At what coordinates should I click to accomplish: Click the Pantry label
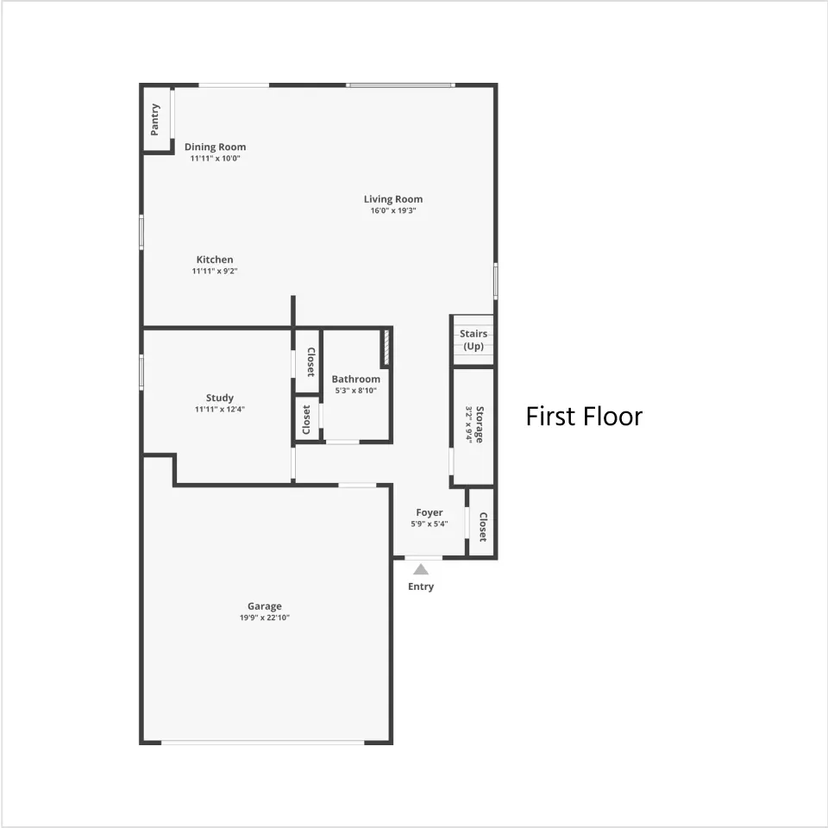click(154, 119)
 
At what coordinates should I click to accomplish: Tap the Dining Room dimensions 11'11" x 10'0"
click(216, 159)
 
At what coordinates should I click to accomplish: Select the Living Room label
click(393, 199)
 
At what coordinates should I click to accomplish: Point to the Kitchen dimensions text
click(215, 271)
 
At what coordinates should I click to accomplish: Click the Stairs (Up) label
click(474, 340)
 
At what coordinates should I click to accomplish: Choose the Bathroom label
click(356, 379)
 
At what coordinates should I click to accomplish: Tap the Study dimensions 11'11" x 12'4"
click(220, 409)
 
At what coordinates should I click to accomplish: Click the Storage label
click(480, 424)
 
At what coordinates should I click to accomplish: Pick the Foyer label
click(430, 512)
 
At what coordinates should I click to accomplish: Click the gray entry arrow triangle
click(421, 569)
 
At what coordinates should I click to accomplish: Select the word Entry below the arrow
click(421, 586)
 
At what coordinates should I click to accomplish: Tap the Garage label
click(265, 606)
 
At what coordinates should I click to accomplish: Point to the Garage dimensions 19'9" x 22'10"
click(265, 618)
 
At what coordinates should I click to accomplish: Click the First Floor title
click(584, 416)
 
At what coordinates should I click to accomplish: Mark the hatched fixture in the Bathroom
click(386, 347)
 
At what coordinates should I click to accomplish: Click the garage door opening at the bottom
click(262, 743)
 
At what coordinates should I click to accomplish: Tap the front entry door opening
click(423, 558)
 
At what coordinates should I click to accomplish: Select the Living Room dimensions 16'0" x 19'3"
click(393, 210)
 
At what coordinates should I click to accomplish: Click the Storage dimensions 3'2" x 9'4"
click(469, 424)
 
